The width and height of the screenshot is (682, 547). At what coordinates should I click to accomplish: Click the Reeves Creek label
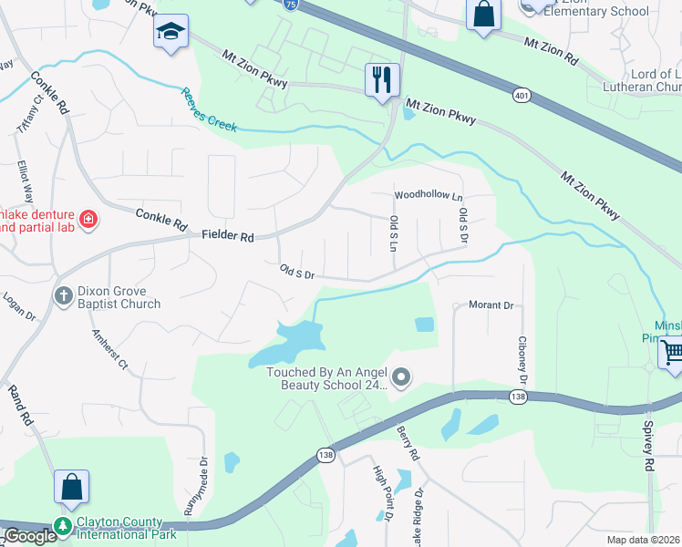click(209, 109)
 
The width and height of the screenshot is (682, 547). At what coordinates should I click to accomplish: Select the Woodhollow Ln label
click(429, 196)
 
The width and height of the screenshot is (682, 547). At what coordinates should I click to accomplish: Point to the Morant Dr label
click(491, 305)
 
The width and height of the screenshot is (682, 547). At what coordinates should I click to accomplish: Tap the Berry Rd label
click(408, 442)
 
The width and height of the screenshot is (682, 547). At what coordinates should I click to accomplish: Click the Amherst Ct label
click(110, 347)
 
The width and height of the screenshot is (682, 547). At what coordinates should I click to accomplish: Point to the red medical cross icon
click(88, 219)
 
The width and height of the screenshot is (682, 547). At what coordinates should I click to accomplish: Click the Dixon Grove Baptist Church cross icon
click(64, 294)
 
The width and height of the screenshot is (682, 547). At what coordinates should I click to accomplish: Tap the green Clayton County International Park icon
click(63, 526)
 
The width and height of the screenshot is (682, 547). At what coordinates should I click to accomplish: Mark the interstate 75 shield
click(287, 4)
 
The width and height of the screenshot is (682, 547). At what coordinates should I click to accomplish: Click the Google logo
click(30, 536)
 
